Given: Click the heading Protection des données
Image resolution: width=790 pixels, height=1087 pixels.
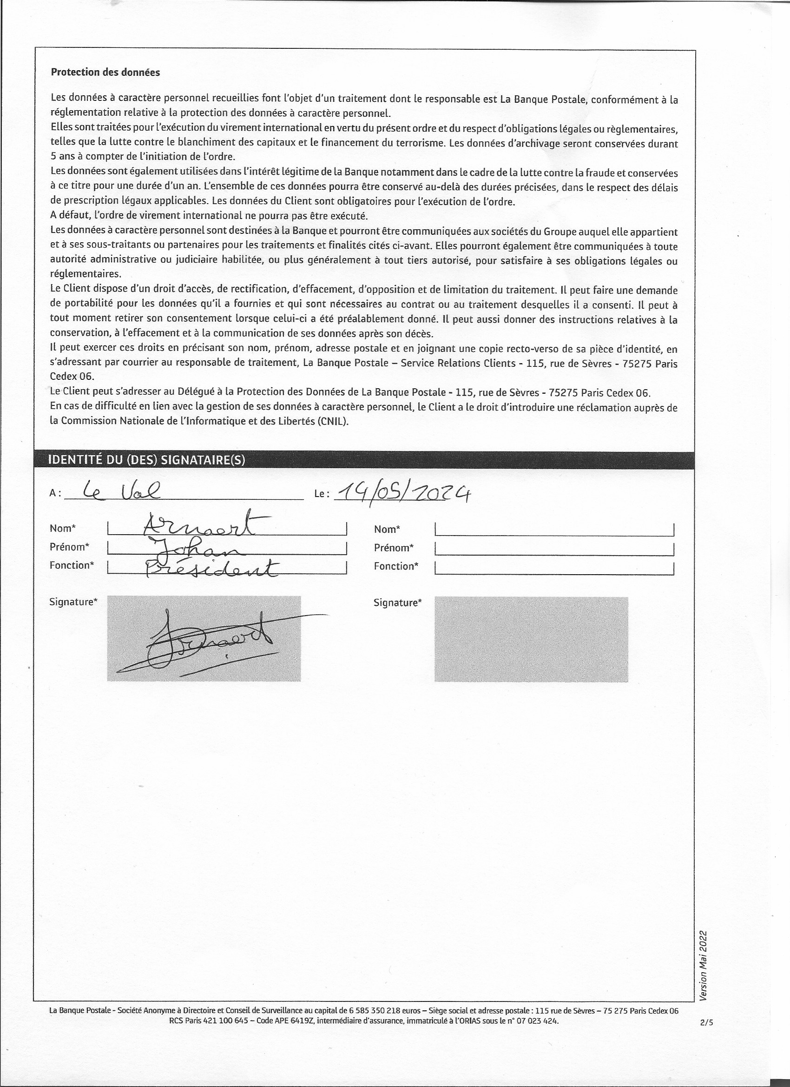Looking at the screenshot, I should pyautogui.click(x=105, y=73).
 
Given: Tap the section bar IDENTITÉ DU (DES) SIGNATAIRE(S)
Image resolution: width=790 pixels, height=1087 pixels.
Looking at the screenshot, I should pyautogui.click(x=146, y=460).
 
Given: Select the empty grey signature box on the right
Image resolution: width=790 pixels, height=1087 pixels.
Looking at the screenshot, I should pyautogui.click(x=531, y=638).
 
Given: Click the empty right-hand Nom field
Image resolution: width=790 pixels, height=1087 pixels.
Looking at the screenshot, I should pyautogui.click(x=554, y=530).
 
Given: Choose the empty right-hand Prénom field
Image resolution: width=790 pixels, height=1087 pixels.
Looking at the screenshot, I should pyautogui.click(x=554, y=548).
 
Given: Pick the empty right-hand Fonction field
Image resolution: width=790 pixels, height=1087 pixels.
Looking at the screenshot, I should pyautogui.click(x=554, y=568).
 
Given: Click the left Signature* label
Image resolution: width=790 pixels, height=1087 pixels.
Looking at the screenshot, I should pyautogui.click(x=73, y=602).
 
